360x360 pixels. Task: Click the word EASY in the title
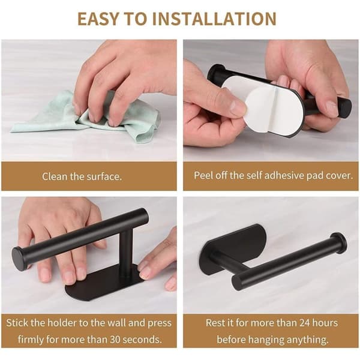(x=98, y=19)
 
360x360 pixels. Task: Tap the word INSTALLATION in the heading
(x=214, y=19)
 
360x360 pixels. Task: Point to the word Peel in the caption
(x=202, y=175)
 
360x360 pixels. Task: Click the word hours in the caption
(x=325, y=323)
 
